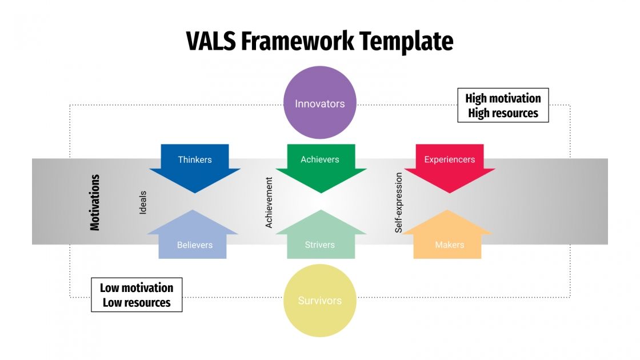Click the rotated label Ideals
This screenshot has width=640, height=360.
tap(143, 202)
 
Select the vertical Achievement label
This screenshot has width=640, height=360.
tap(269, 202)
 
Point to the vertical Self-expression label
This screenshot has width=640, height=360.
tap(399, 202)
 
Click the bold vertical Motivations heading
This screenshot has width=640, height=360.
tap(95, 202)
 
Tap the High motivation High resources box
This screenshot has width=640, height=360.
tap(503, 105)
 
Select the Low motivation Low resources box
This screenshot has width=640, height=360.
tap(137, 295)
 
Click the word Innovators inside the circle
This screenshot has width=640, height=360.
tap(320, 104)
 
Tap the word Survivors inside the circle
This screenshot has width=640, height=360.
tap(320, 301)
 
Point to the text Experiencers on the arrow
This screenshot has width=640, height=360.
tap(450, 159)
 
